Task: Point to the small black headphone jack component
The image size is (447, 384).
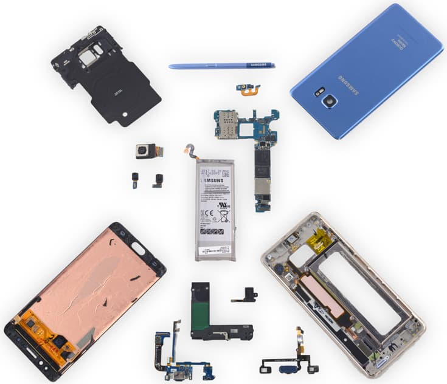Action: tap(248, 295)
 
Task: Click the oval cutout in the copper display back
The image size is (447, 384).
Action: tap(138, 247)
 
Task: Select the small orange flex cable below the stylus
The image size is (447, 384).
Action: tap(248, 89)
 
